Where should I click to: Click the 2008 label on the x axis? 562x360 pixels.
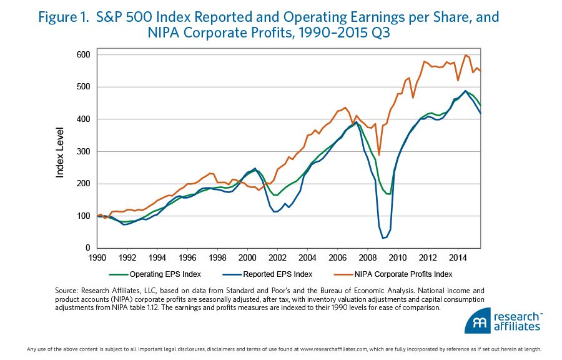coord(368,257)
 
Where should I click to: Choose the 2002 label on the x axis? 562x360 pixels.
coord(278,257)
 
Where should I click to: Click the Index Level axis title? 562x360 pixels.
coord(61,151)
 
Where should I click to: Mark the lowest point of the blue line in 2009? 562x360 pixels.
coord(383,238)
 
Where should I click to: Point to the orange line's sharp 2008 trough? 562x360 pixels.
coord(378,154)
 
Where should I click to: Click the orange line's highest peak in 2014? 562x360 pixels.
coord(465,55)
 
